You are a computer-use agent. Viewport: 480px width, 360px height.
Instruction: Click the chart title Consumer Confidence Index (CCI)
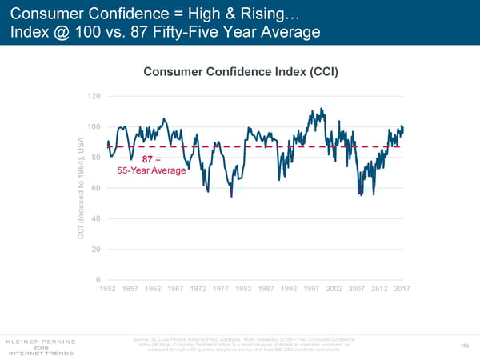pos(241,72)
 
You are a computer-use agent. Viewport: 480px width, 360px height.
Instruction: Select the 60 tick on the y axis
pos(95,188)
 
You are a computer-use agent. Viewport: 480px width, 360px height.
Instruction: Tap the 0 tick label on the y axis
pos(98,280)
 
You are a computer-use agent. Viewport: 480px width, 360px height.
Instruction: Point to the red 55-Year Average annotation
pos(151,171)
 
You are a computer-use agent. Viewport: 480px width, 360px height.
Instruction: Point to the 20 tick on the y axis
pos(95,250)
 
